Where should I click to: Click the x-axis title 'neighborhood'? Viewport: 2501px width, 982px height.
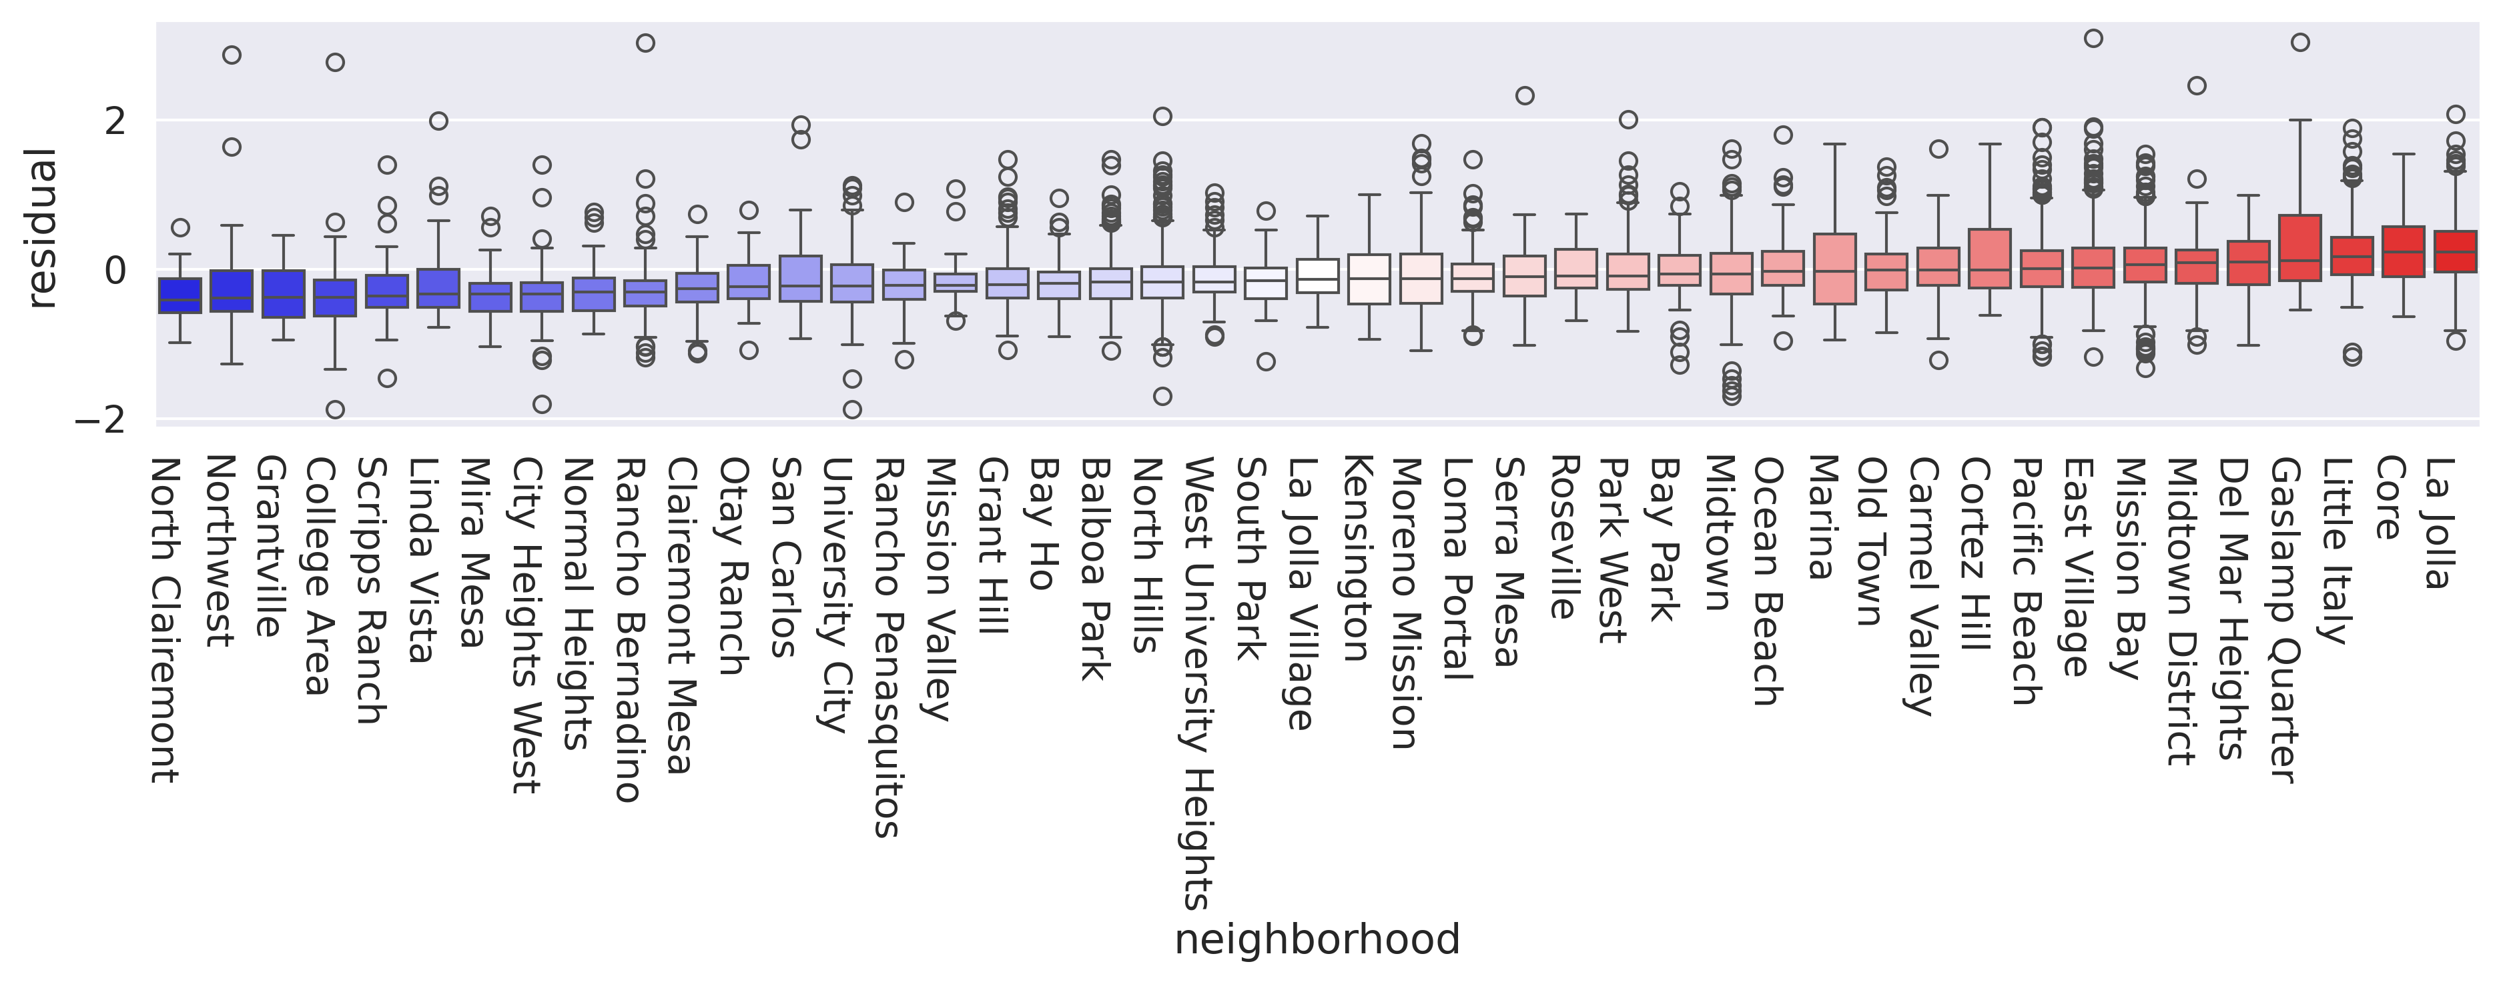pyautogui.click(x=1317, y=940)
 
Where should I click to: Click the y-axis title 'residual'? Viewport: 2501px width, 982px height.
pyautogui.click(x=42, y=228)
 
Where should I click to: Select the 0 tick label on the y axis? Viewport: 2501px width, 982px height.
pyautogui.click(x=115, y=271)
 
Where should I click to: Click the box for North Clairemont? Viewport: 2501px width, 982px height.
pyautogui.click(x=180, y=295)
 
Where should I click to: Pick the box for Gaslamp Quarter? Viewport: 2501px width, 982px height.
pyautogui.click(x=2299, y=247)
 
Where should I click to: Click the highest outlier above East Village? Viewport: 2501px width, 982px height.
pyautogui.click(x=2093, y=39)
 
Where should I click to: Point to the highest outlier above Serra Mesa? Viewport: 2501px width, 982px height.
pyautogui.click(x=1524, y=95)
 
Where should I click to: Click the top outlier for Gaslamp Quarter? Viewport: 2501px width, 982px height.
pyautogui.click(x=2299, y=43)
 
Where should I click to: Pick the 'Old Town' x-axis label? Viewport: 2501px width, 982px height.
pyautogui.click(x=1871, y=541)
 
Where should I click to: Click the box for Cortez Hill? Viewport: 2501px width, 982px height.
pyautogui.click(x=1989, y=258)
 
